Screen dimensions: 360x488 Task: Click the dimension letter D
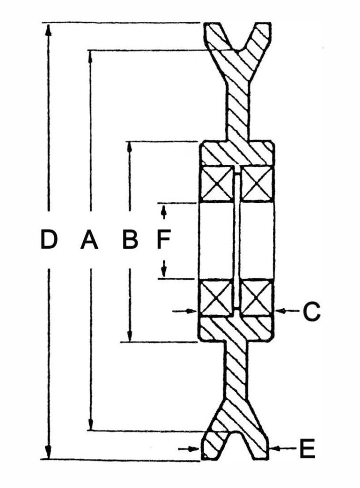pos(49,239)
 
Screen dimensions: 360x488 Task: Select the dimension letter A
pos(89,239)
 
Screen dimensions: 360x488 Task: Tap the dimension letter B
pos(130,239)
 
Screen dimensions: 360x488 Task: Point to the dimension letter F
pos(163,239)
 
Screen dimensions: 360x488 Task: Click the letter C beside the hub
pos(311,312)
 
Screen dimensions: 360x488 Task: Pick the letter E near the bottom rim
pos(308,448)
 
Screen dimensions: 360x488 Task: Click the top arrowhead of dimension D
pos(48,29)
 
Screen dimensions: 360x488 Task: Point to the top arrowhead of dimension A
pos(90,56)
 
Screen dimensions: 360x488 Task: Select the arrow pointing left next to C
pos(288,310)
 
